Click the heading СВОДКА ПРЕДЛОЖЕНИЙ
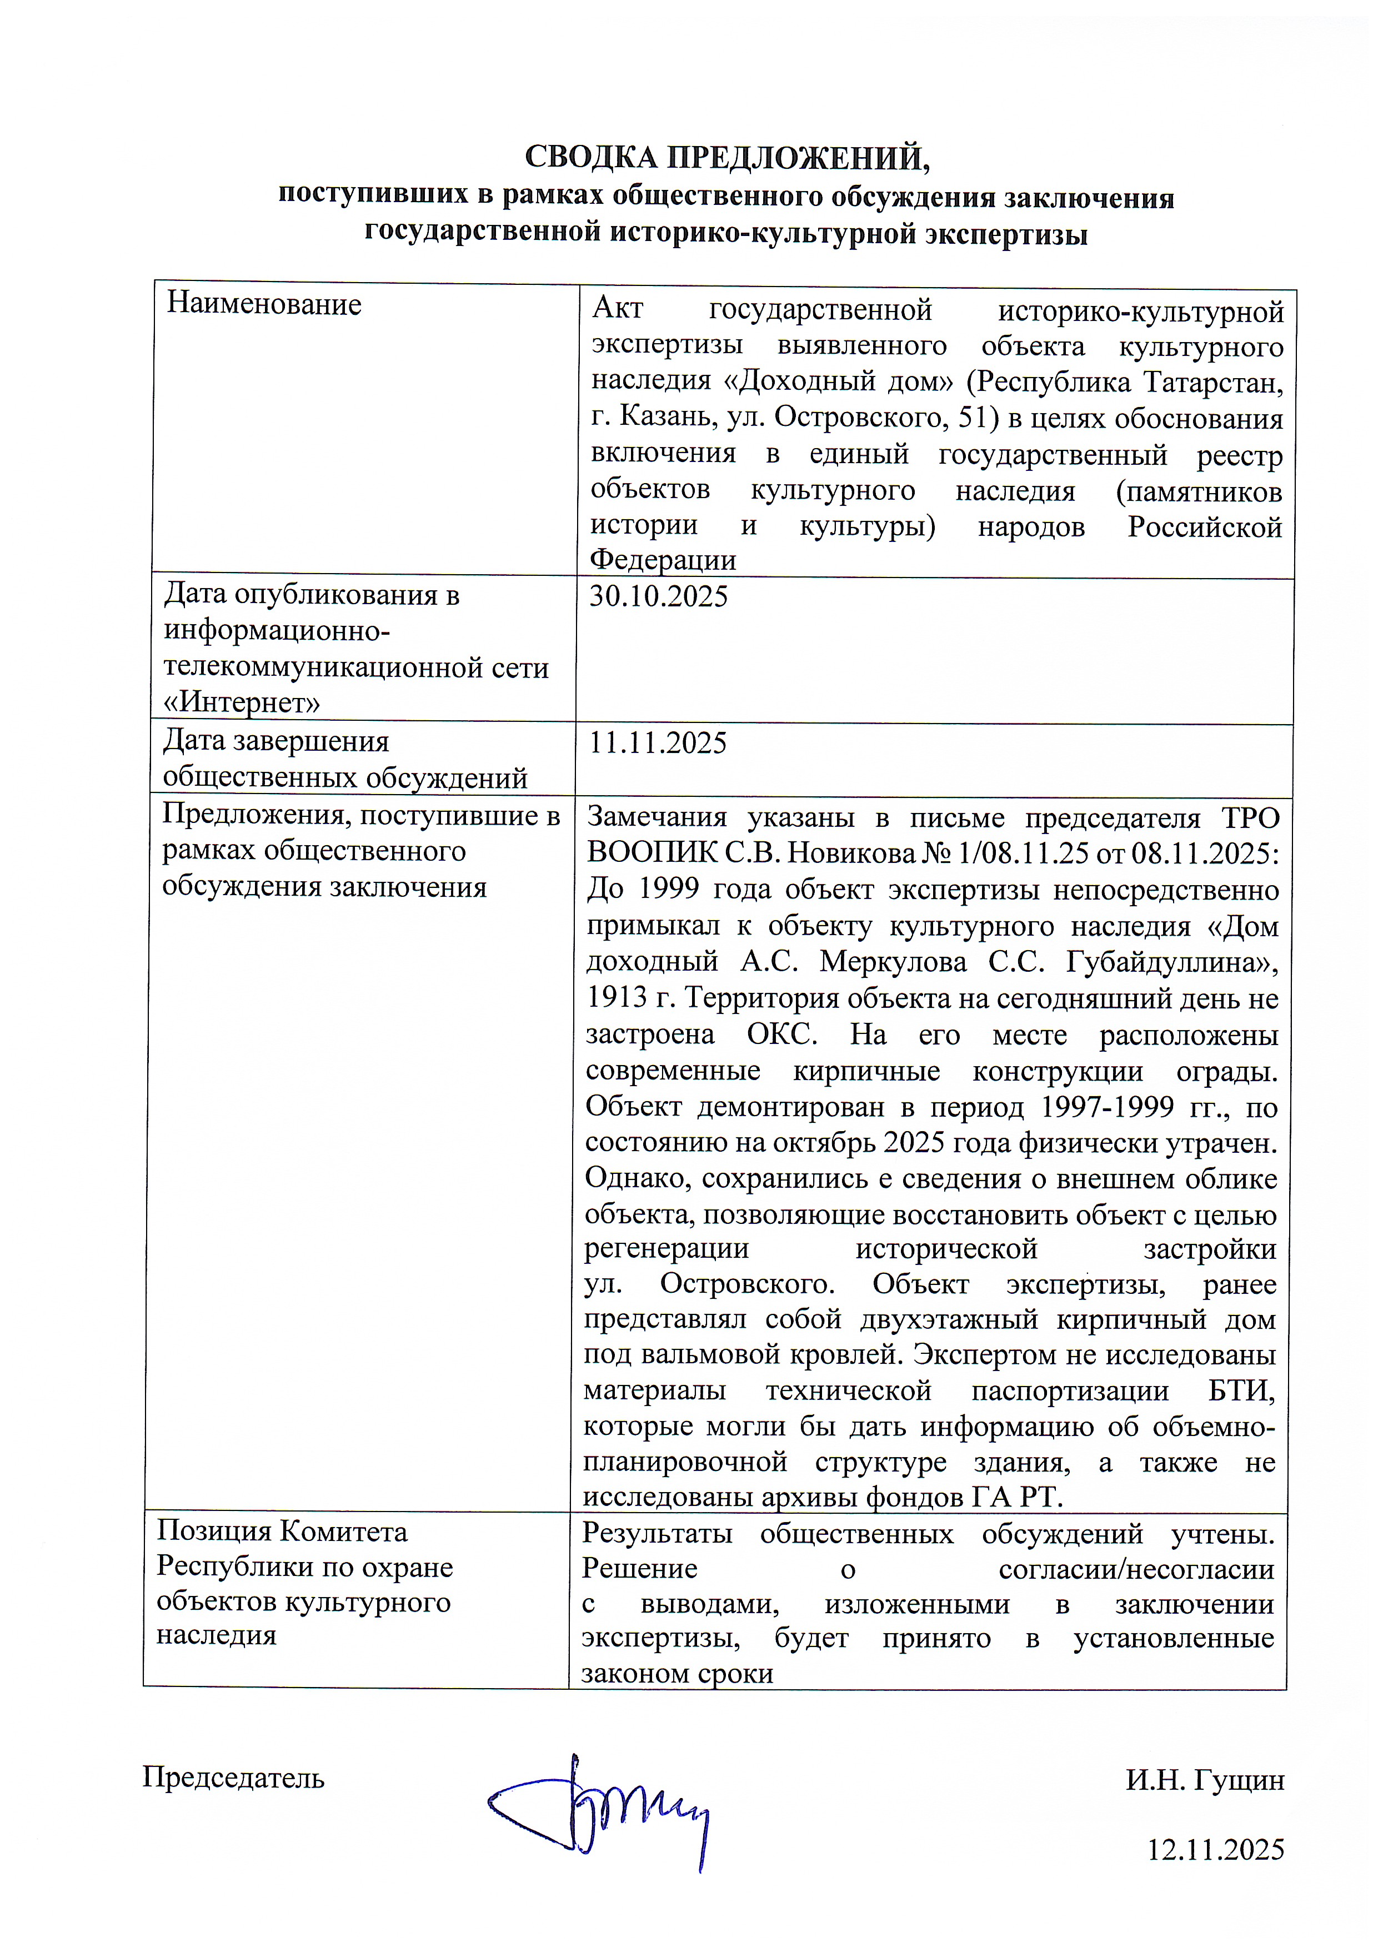pos(726,158)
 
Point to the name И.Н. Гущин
pos(1204,1780)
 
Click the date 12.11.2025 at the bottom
pos(1215,1850)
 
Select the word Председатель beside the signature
pos(233,1778)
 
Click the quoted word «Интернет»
pos(242,704)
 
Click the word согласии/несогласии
pos(1136,1570)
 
